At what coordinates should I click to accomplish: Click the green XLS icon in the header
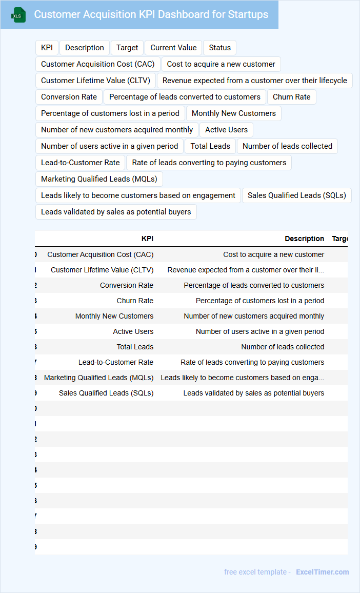(18, 15)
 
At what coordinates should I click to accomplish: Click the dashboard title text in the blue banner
(151, 14)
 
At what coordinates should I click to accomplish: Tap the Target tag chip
(127, 48)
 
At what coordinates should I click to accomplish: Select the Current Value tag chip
(173, 48)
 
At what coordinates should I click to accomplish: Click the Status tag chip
(220, 48)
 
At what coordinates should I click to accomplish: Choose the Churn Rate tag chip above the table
(292, 97)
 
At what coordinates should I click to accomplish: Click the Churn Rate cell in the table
(135, 301)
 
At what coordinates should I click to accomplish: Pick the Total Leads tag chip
(210, 146)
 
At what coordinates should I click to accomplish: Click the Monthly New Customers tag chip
(234, 113)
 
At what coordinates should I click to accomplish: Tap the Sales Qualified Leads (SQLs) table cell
(106, 393)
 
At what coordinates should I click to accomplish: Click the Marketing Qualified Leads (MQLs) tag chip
(99, 179)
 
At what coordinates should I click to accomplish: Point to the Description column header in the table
(305, 239)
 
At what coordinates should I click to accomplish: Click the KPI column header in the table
(147, 239)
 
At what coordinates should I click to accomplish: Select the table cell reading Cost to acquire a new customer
(273, 254)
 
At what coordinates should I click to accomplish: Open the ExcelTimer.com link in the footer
(322, 572)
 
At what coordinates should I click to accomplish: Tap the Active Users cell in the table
(133, 331)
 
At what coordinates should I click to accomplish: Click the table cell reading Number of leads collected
(283, 347)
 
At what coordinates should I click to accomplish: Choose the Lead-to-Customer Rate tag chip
(80, 163)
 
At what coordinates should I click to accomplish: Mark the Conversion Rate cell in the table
(127, 285)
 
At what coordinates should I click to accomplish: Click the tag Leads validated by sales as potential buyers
(116, 212)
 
